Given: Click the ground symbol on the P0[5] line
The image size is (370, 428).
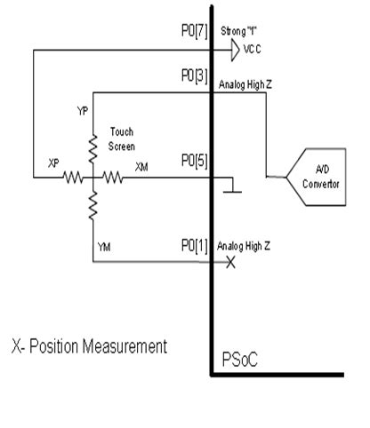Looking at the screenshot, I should pyautogui.click(x=232, y=188).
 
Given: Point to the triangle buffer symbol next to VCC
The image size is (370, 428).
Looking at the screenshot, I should pyautogui.click(x=234, y=52).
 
